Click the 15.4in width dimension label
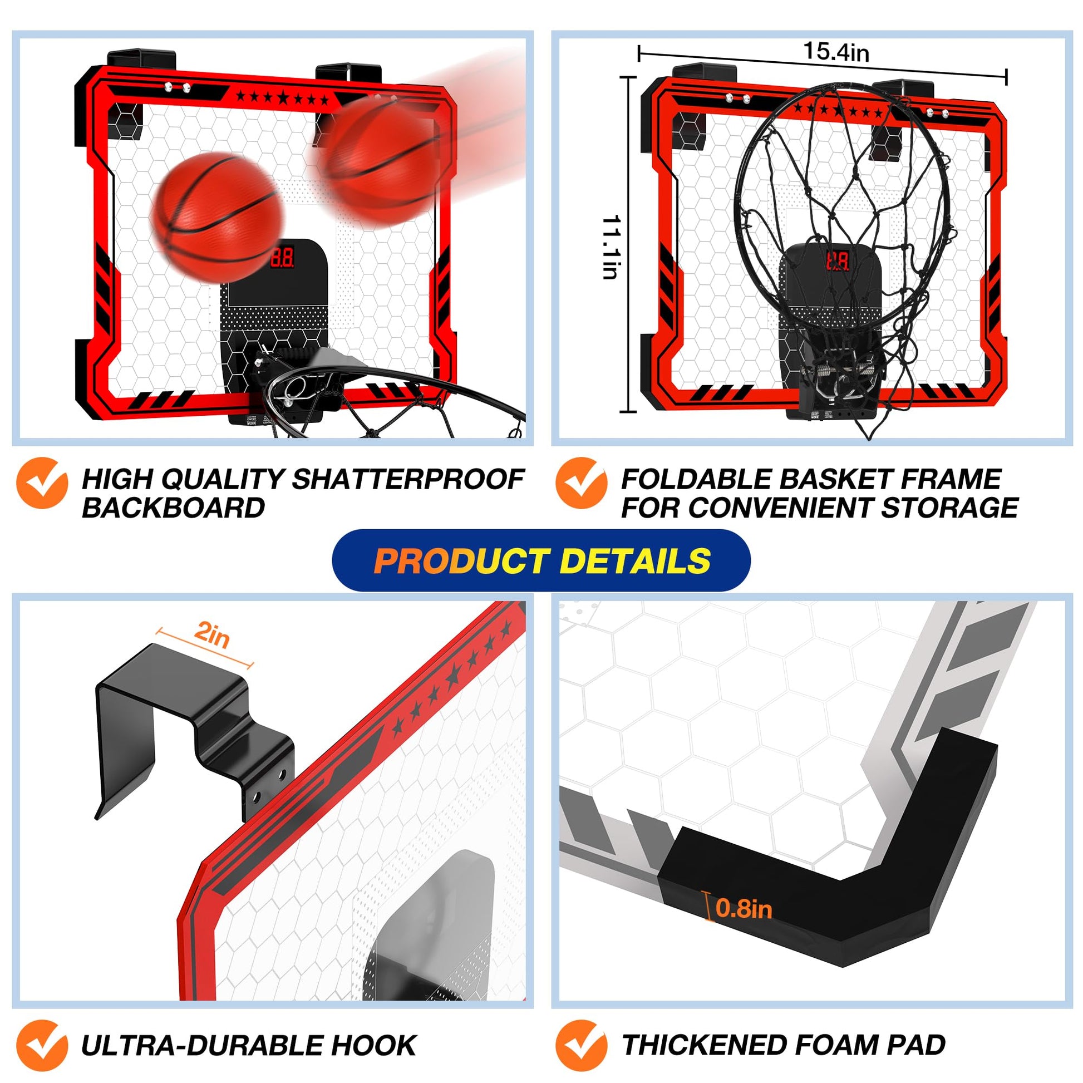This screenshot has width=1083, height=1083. [x=836, y=52]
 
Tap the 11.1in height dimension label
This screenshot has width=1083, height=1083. [x=610, y=247]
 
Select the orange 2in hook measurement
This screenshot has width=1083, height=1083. [x=212, y=634]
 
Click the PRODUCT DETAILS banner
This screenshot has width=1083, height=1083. [x=541, y=560]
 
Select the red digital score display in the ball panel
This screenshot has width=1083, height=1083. [x=282, y=257]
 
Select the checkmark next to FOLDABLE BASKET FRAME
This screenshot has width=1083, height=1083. [x=582, y=483]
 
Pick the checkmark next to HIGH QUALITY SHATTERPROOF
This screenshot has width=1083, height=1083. [x=43, y=483]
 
